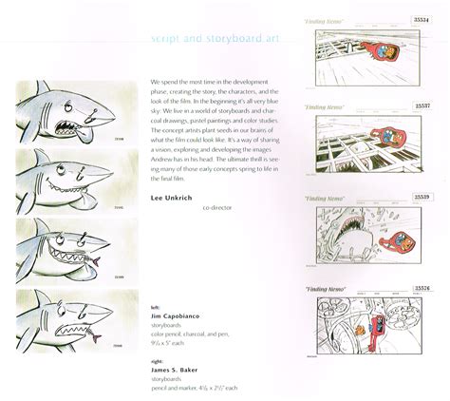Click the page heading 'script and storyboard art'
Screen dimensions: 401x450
click(x=215, y=39)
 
